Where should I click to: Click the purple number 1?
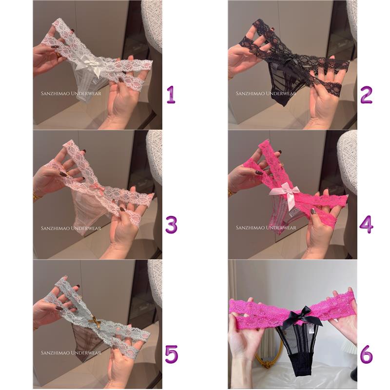coord(171,95)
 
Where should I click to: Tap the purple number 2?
coord(367,95)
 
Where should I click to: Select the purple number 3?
coord(171,225)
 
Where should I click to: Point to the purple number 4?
coord(367,225)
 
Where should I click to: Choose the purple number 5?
coord(172,354)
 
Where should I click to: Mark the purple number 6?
coord(367,354)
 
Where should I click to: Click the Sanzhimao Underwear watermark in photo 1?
coord(71,94)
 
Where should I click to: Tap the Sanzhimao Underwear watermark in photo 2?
coord(266,94)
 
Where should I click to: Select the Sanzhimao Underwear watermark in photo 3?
coord(71,228)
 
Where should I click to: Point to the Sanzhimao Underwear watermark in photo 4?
coord(266,228)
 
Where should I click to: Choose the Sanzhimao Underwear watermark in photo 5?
coord(71,353)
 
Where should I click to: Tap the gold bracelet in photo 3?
coord(36,195)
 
